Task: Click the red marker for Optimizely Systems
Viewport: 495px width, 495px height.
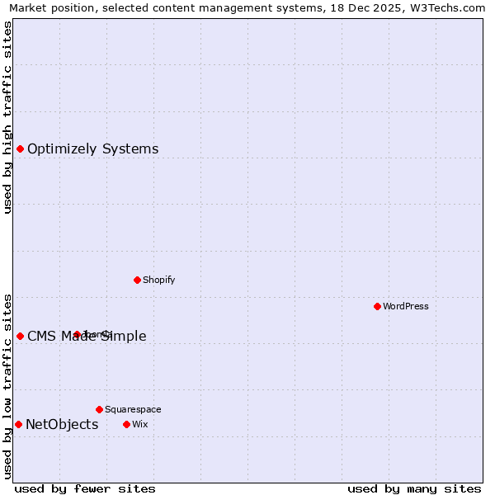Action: pyautogui.click(x=20, y=148)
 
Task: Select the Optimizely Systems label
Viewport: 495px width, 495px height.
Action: pyautogui.click(x=92, y=149)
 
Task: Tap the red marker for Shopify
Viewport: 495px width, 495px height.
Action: pyautogui.click(x=137, y=280)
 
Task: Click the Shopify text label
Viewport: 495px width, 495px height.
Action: pyautogui.click(x=158, y=280)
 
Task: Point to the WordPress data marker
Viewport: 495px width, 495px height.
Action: pyautogui.click(x=377, y=306)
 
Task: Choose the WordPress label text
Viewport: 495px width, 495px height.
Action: pyautogui.click(x=405, y=306)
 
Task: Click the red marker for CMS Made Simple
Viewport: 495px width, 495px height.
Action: pyautogui.click(x=20, y=336)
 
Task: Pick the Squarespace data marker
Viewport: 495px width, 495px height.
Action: pyautogui.click(x=99, y=409)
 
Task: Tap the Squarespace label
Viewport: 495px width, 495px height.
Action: pyautogui.click(x=133, y=409)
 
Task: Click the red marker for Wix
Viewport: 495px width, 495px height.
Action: pyautogui.click(x=126, y=424)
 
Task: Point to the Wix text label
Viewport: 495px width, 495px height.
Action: pyautogui.click(x=139, y=424)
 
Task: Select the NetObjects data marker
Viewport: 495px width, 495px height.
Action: pyautogui.click(x=18, y=424)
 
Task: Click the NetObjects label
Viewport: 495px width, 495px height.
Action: pyautogui.click(x=62, y=425)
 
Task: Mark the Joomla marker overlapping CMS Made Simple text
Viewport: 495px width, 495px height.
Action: pyautogui.click(x=77, y=334)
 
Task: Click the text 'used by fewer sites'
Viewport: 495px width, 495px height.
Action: pyautogui.click(x=85, y=488)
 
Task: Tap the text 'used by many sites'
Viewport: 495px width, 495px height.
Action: pyautogui.click(x=414, y=488)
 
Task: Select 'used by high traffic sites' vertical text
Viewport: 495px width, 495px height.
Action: pyautogui.click(x=7, y=117)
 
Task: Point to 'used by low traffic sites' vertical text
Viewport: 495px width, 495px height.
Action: pyautogui.click(x=7, y=386)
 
